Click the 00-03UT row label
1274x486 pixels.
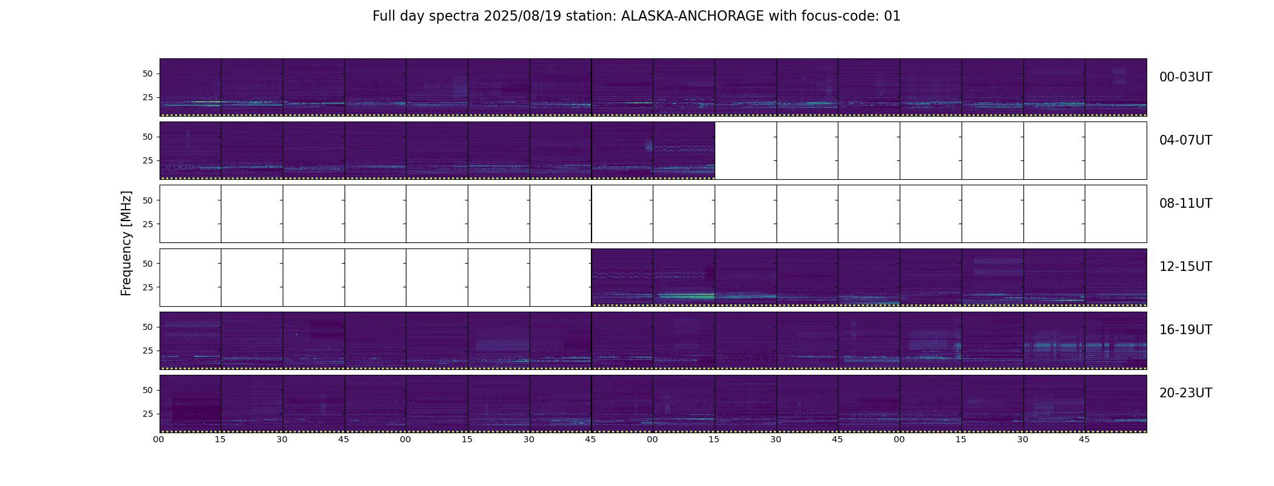tap(1185, 77)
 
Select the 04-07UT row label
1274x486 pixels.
tap(1185, 140)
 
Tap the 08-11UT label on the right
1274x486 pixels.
tap(1185, 204)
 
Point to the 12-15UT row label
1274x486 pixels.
tap(1185, 267)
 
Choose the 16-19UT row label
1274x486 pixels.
tap(1185, 330)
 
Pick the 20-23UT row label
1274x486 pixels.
tap(1185, 393)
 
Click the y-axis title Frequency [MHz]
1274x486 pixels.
tap(126, 243)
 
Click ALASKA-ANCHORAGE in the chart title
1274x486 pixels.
tap(692, 16)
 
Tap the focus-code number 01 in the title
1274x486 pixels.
tap(892, 16)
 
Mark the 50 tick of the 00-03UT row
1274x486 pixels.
tap(147, 74)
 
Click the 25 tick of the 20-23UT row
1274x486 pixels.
tap(147, 414)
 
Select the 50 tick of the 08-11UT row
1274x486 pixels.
tap(147, 200)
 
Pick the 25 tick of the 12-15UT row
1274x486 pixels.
tap(147, 287)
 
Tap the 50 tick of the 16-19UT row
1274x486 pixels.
tap(147, 327)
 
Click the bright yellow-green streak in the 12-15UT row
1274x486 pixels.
tap(686, 295)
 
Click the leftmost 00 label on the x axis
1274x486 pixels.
tap(159, 439)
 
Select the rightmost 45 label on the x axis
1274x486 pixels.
tap(1084, 439)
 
